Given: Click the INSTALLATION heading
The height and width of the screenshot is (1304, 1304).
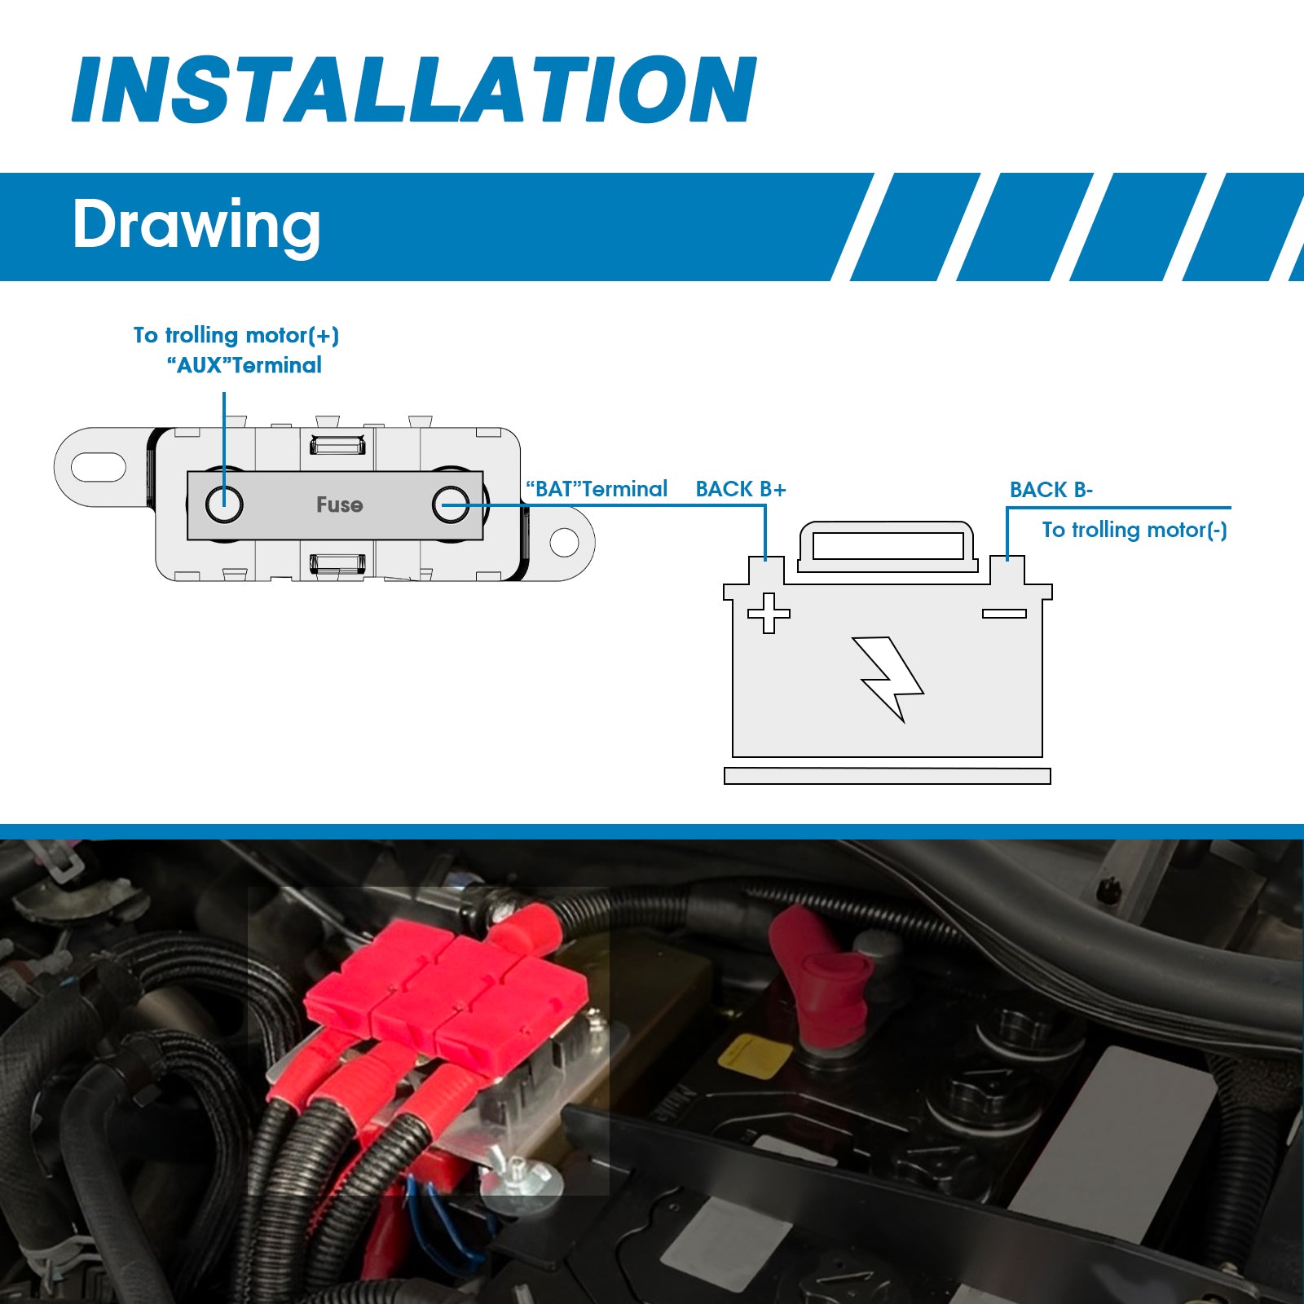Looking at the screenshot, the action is click(x=415, y=89).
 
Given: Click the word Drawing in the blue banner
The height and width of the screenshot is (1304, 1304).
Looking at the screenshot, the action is click(x=196, y=225).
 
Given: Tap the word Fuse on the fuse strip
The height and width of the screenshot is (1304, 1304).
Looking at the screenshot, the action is click(x=339, y=505).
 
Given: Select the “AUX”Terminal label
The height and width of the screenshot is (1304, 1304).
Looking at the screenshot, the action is click(x=244, y=365).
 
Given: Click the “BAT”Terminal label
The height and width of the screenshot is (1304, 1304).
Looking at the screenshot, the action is click(x=597, y=489).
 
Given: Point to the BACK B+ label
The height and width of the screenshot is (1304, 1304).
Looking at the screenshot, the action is click(x=741, y=489).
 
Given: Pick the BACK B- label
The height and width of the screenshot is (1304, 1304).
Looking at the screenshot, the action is click(x=1051, y=490).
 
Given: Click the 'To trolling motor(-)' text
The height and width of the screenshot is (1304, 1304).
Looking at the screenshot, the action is click(x=1134, y=530).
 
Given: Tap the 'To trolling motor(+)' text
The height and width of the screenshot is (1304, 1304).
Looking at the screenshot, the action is click(x=236, y=335).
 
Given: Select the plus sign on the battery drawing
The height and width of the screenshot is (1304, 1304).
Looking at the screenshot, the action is click(x=769, y=613).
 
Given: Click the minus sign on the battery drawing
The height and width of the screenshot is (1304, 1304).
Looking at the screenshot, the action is click(x=1004, y=614).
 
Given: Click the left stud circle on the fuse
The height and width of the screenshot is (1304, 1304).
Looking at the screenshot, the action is click(x=223, y=504).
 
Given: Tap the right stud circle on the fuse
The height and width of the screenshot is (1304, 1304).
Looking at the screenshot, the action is click(x=451, y=504).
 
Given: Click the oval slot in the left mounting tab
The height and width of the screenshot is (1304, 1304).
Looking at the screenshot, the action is click(x=99, y=467).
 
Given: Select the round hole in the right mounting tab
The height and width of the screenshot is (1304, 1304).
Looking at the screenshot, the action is click(x=564, y=542).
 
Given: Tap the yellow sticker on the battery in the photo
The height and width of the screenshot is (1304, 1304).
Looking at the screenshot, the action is click(x=755, y=1056).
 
